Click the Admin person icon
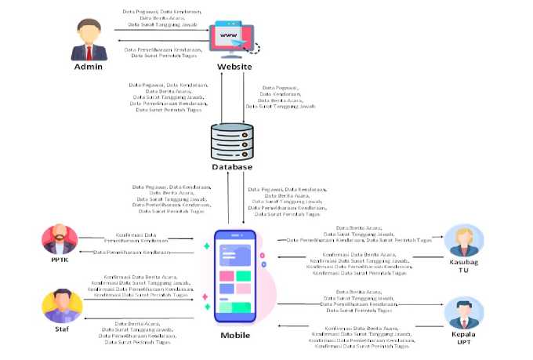coord(89,40)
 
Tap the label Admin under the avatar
coord(89,67)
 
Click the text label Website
coord(234,67)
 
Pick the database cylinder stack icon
coord(233,140)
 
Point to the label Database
coord(233,166)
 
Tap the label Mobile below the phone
coord(235,335)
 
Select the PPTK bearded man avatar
coord(60,238)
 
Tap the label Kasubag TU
coord(461,266)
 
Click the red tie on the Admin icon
coord(89,53)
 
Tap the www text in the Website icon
coord(227,35)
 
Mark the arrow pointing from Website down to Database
coord(245,98)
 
